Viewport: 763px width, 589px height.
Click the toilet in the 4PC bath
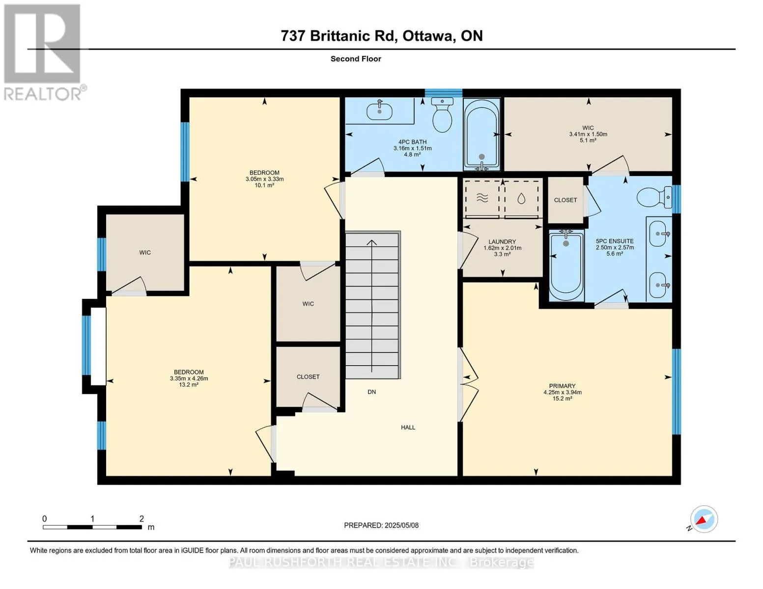pyautogui.click(x=442, y=114)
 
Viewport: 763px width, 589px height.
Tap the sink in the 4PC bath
pyautogui.click(x=380, y=110)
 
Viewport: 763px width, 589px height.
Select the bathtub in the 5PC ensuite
pyautogui.click(x=565, y=266)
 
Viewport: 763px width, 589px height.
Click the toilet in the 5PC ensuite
pyautogui.click(x=654, y=197)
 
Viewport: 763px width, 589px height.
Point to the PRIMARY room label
pyautogui.click(x=563, y=386)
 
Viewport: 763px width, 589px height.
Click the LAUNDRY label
pyautogui.click(x=502, y=241)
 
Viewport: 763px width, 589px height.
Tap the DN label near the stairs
pyautogui.click(x=372, y=392)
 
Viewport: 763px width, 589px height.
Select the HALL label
pyautogui.click(x=408, y=428)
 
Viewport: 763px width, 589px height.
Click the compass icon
pyautogui.click(x=704, y=519)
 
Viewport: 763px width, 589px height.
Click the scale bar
pyautogui.click(x=92, y=527)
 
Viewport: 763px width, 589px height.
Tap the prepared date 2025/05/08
pyautogui.click(x=401, y=525)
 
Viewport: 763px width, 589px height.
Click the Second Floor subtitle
pyautogui.click(x=356, y=59)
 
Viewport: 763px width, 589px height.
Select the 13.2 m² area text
pyautogui.click(x=189, y=385)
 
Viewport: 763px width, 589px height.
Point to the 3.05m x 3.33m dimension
pyautogui.click(x=264, y=179)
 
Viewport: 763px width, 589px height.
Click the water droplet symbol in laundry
pyautogui.click(x=521, y=199)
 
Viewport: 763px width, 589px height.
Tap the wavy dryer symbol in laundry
pyautogui.click(x=482, y=199)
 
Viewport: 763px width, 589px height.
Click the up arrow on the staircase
pyautogui.click(x=372, y=306)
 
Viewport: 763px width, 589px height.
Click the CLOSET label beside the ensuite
pyautogui.click(x=565, y=200)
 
